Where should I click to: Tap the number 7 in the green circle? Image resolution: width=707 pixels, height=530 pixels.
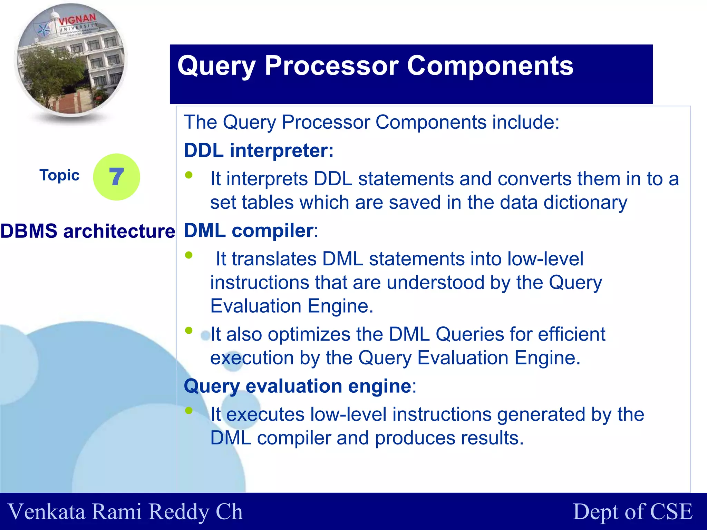pyautogui.click(x=116, y=177)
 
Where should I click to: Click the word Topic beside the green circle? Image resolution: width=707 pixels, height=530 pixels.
pyautogui.click(x=59, y=175)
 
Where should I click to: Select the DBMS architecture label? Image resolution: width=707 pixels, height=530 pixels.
pyautogui.click(x=88, y=231)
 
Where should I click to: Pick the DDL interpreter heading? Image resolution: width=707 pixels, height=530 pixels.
pyautogui.click(x=259, y=150)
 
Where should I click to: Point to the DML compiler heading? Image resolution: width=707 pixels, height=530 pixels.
pyautogui.click(x=249, y=230)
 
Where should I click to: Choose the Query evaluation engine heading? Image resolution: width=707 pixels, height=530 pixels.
pyautogui.click(x=298, y=386)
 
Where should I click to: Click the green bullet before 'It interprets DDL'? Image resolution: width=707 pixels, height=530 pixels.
pyautogui.click(x=188, y=175)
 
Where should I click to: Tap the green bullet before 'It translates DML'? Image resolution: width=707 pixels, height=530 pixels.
pyautogui.click(x=188, y=255)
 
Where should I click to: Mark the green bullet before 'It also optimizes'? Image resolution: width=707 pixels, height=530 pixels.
pyautogui.click(x=188, y=331)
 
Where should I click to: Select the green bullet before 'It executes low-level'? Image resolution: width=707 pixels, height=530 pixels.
pyautogui.click(x=188, y=410)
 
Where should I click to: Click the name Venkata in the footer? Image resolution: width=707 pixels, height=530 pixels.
pyautogui.click(x=46, y=512)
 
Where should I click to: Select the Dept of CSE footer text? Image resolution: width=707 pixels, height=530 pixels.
pyautogui.click(x=632, y=512)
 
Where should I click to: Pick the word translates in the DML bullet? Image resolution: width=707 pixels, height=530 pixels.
pyautogui.click(x=274, y=259)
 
